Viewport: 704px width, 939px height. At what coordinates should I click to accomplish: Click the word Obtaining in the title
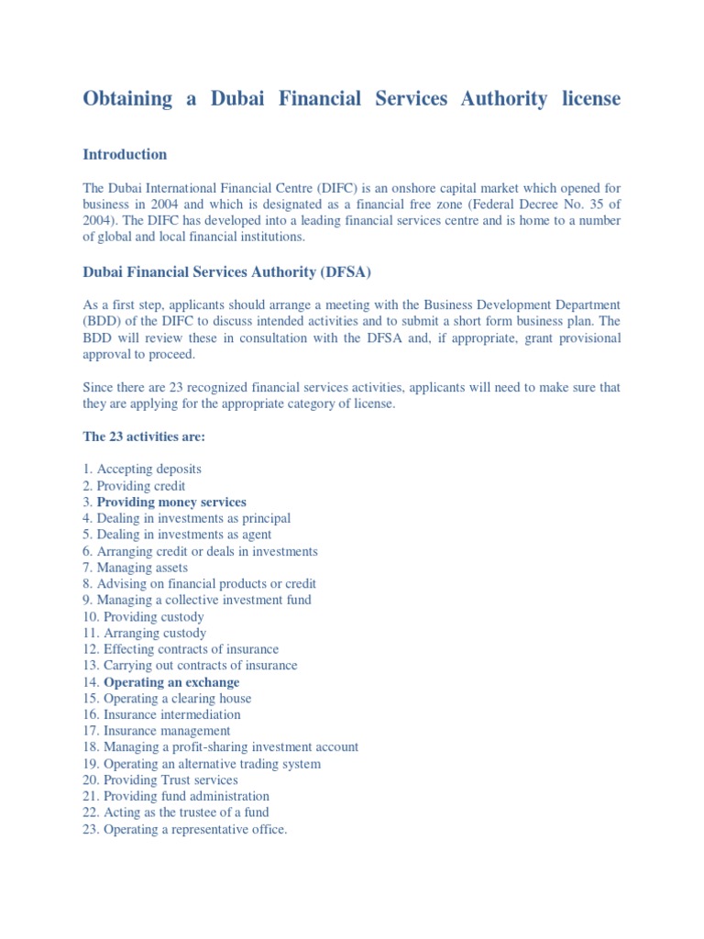pos(127,99)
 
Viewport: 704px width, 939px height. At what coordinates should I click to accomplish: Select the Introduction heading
pos(125,155)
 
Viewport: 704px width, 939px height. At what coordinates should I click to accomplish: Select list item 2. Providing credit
pos(134,486)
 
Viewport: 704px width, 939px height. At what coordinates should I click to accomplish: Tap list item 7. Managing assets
pos(135,568)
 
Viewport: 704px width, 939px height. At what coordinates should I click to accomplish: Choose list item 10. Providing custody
pos(143,617)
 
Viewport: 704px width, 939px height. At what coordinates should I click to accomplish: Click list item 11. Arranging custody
pos(144,634)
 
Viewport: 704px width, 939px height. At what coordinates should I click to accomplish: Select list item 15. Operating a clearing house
pos(166,699)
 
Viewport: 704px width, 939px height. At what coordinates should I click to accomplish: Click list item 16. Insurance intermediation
pos(161,714)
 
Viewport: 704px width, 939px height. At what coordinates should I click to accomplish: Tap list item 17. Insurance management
pos(156,731)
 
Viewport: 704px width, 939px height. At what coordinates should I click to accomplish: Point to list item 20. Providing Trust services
pos(159,780)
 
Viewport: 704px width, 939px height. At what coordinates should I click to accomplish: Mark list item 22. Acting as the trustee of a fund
pos(175,812)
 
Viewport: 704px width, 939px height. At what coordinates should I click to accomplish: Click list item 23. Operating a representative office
pos(184,829)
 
